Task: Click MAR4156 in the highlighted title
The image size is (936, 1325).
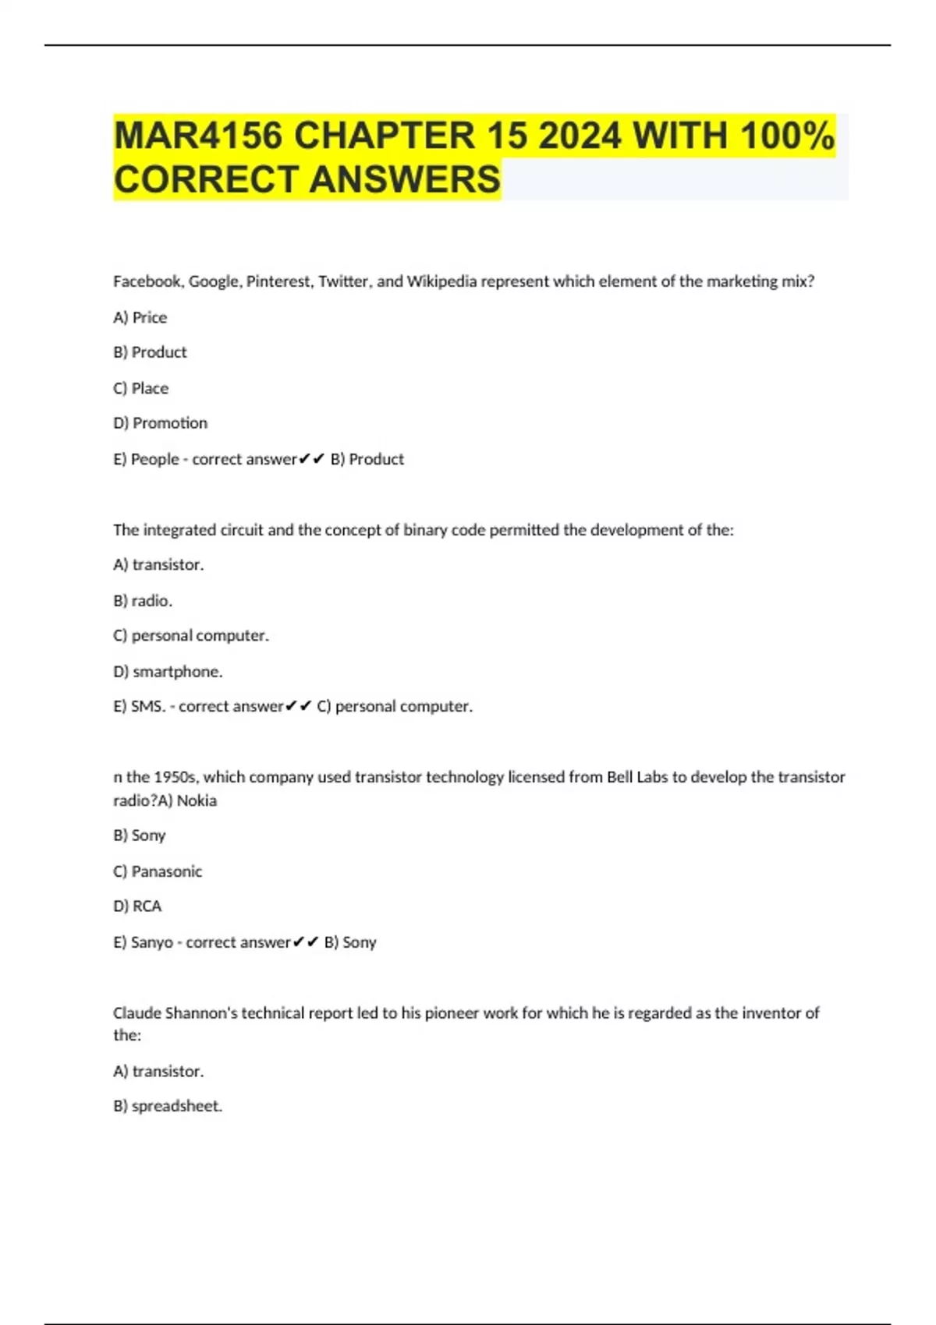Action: (197, 136)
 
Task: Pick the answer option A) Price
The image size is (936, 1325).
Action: (140, 317)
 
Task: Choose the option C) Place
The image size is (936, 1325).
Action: (141, 388)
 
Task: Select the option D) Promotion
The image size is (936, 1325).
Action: (161, 423)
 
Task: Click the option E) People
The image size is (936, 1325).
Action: (147, 459)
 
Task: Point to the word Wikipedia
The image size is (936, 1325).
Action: (441, 281)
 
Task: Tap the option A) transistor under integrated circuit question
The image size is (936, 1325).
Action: (158, 564)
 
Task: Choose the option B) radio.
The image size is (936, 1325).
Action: (143, 600)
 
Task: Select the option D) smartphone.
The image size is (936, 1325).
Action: (168, 671)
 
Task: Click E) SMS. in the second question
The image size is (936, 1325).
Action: (140, 706)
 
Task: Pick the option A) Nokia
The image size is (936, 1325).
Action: (187, 800)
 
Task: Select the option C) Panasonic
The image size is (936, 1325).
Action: (158, 871)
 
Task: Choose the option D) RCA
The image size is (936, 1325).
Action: (137, 906)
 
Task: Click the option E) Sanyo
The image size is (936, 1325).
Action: (144, 942)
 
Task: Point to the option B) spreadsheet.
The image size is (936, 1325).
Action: (168, 1106)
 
